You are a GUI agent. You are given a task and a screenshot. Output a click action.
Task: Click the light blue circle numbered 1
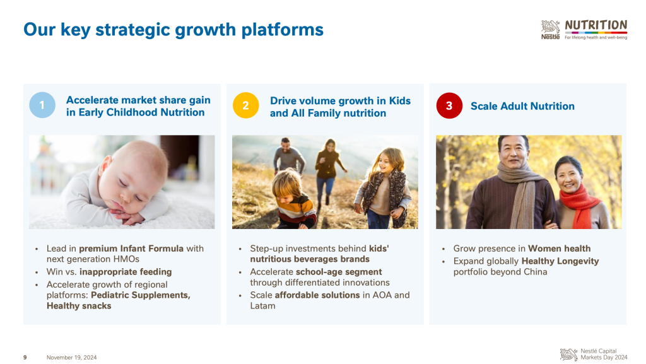click(42, 105)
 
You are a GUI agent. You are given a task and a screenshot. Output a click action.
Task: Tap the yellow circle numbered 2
click(246, 105)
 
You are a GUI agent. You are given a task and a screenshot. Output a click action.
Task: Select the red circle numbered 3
click(449, 106)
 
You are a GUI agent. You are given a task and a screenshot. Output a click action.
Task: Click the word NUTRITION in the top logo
click(596, 25)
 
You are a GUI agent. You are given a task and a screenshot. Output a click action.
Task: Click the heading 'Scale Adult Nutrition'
click(522, 106)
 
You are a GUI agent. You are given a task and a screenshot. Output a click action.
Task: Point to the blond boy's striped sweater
click(296, 211)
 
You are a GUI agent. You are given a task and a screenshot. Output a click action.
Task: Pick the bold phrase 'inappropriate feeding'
click(126, 272)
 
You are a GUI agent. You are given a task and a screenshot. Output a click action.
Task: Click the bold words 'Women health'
click(559, 249)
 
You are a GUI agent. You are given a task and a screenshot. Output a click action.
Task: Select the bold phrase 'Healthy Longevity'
click(560, 261)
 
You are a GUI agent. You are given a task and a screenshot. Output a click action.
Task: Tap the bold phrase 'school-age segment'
click(339, 272)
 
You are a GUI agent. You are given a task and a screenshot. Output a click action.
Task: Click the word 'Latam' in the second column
click(262, 306)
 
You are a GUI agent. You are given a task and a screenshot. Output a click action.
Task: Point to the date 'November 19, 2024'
click(72, 358)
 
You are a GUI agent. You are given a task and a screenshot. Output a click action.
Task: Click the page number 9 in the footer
click(25, 358)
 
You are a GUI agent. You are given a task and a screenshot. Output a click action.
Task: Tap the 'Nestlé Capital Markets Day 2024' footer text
click(604, 354)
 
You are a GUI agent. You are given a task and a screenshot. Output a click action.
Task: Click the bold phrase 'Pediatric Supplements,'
click(141, 295)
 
